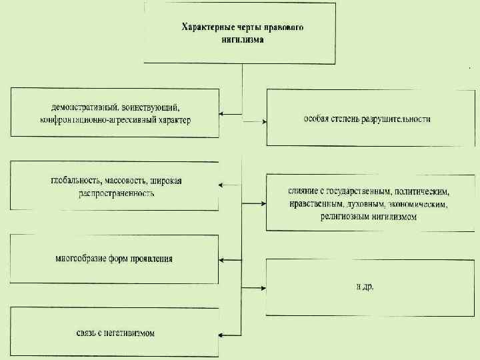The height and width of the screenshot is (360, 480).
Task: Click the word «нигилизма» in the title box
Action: pyautogui.click(x=242, y=39)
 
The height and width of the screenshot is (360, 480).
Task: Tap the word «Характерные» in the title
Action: pyautogui.click(x=207, y=27)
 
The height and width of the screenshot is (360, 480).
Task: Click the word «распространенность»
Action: pyautogui.click(x=107, y=193)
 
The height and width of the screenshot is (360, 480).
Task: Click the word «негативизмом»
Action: pyautogui.click(x=129, y=332)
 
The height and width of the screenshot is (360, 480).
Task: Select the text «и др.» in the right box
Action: pyautogui.click(x=365, y=287)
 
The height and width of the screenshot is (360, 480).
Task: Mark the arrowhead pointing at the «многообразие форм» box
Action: pyautogui.click(x=223, y=259)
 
